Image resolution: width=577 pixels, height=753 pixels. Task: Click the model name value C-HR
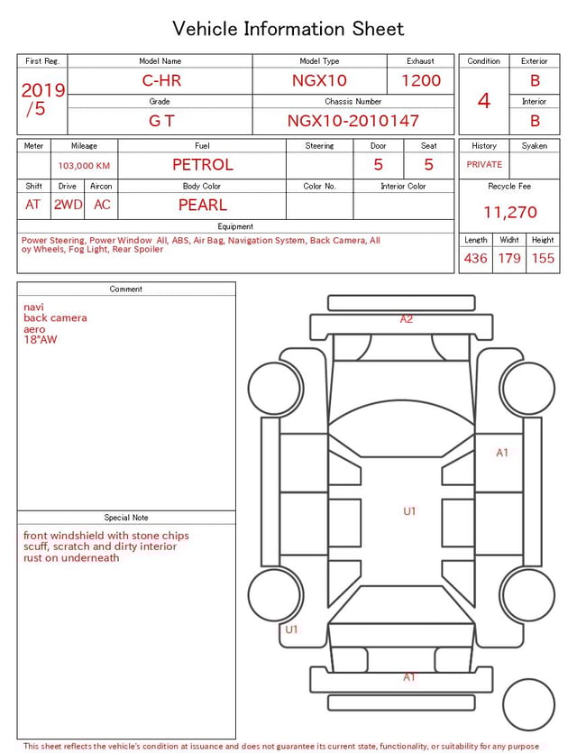click(161, 80)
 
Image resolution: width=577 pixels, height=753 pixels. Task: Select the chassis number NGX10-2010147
click(353, 120)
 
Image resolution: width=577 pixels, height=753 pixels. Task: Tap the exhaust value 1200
click(421, 80)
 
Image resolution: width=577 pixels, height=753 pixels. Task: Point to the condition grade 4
click(484, 100)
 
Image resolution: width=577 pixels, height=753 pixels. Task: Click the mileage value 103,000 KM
click(84, 166)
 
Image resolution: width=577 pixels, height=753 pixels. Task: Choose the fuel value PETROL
click(202, 165)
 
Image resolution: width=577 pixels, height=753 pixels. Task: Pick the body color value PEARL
click(202, 205)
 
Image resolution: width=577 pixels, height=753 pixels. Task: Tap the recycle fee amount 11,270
click(509, 213)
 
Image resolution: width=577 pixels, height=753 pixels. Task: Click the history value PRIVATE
click(484, 165)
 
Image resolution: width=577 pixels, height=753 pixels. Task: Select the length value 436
click(475, 259)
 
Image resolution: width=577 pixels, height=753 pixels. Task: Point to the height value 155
click(543, 259)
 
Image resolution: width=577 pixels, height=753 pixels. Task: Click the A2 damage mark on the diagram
click(407, 319)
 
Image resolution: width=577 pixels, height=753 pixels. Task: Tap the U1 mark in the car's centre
click(409, 511)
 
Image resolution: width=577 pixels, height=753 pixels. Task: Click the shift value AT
click(33, 205)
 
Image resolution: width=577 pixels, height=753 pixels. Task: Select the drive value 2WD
click(68, 205)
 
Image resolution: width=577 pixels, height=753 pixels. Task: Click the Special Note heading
click(126, 518)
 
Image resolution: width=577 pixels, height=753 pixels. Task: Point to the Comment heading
click(126, 289)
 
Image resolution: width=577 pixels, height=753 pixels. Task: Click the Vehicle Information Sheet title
click(288, 29)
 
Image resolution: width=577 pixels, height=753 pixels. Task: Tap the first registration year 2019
click(42, 91)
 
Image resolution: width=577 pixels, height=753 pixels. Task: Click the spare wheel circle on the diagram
click(529, 704)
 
